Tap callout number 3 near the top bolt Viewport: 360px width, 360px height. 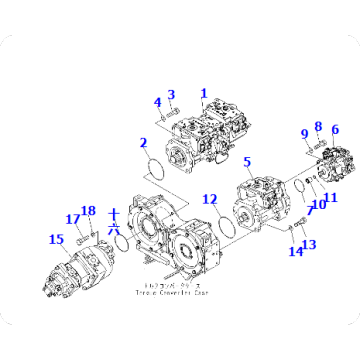(x=171, y=95)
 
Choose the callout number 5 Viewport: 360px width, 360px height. (x=247, y=160)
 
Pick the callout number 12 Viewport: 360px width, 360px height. (x=210, y=199)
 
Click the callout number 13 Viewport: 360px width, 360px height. (x=307, y=244)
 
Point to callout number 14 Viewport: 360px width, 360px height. (x=294, y=251)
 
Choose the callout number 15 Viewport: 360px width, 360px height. (x=55, y=238)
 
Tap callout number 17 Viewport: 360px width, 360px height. (x=72, y=218)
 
